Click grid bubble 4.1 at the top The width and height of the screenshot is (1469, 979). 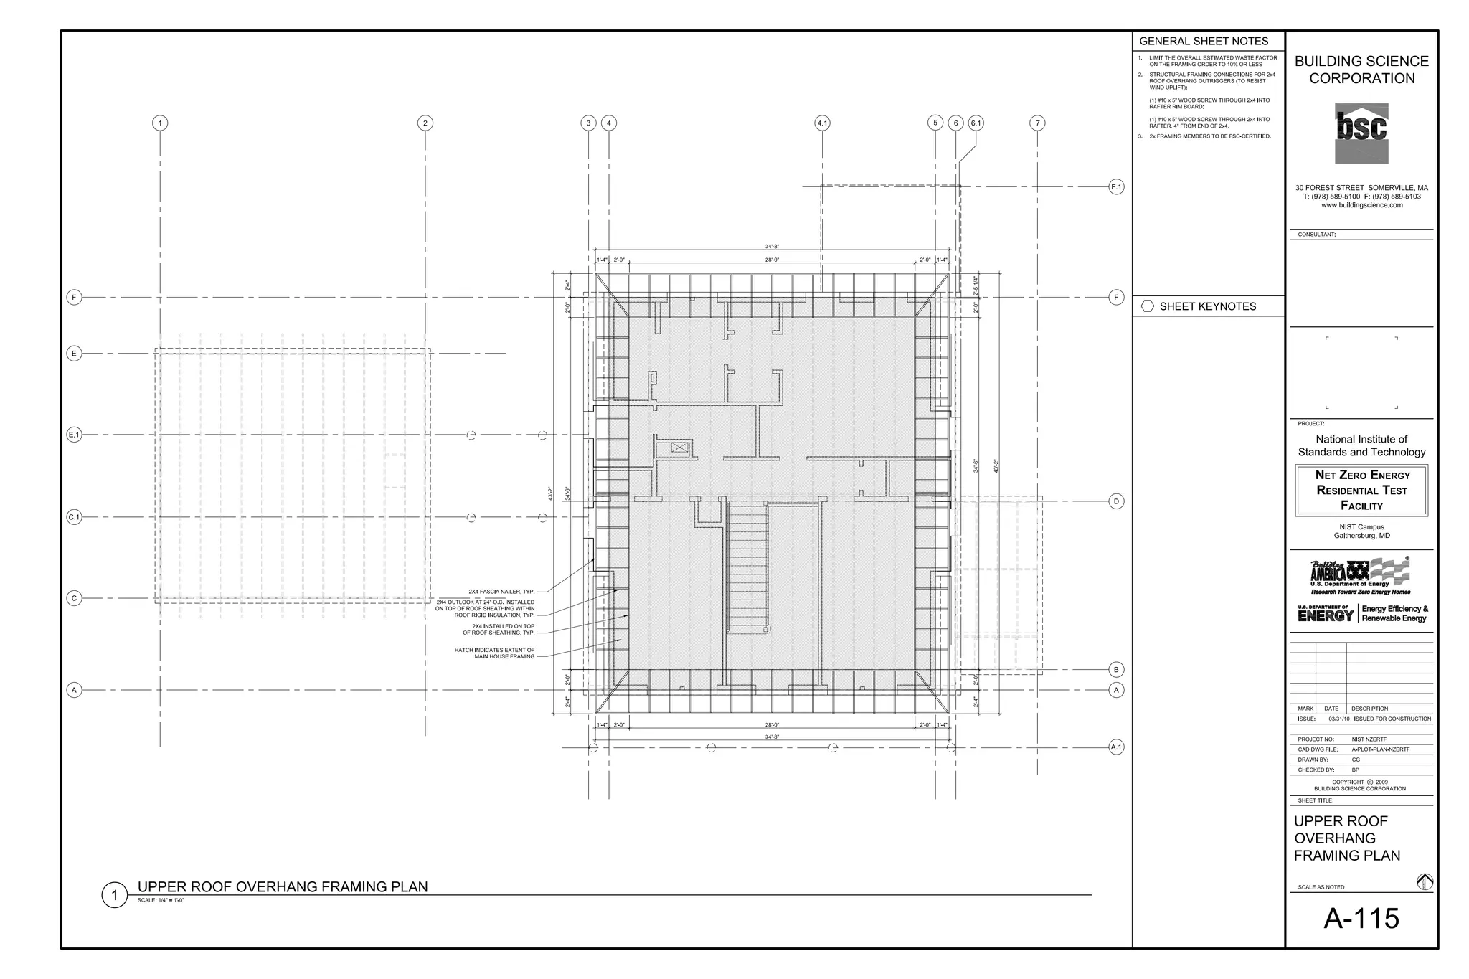pyautogui.click(x=822, y=123)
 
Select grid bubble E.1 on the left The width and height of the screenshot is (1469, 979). pyautogui.click(x=74, y=435)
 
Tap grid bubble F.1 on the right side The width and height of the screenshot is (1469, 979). pyautogui.click(x=1116, y=187)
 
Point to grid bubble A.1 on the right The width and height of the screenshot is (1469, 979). pyautogui.click(x=1116, y=747)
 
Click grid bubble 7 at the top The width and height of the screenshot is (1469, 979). pyautogui.click(x=1037, y=123)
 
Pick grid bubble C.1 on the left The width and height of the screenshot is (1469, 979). pyautogui.click(x=74, y=517)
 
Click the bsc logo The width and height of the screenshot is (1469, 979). pyautogui.click(x=1361, y=133)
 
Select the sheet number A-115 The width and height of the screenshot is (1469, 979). pyautogui.click(x=1361, y=919)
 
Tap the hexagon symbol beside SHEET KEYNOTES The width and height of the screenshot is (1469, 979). pyautogui.click(x=1147, y=306)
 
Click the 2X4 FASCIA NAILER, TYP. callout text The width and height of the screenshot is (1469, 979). pyautogui.click(x=501, y=592)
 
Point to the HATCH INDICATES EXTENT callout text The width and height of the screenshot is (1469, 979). pyautogui.click(x=494, y=653)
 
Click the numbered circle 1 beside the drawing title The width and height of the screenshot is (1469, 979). pyautogui.click(x=114, y=895)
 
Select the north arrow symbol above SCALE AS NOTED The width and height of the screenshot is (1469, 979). pyautogui.click(x=1425, y=881)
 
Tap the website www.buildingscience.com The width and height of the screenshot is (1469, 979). pyautogui.click(x=1361, y=205)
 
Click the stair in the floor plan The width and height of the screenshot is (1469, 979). pyautogui.click(x=747, y=567)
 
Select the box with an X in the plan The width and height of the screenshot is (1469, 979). pyautogui.click(x=679, y=448)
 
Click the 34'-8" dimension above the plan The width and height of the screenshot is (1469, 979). pyautogui.click(x=772, y=247)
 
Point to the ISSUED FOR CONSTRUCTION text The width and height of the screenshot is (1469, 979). pyautogui.click(x=1392, y=719)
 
